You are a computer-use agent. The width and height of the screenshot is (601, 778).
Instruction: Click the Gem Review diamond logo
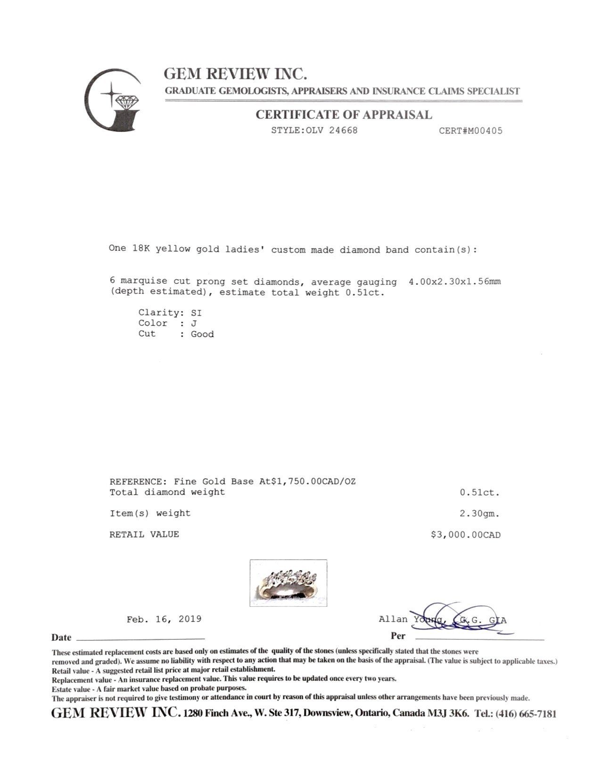coord(113,100)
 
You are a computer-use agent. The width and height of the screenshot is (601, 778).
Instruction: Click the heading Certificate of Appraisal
coord(344,115)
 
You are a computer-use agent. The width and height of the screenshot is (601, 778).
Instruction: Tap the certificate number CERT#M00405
coord(470,131)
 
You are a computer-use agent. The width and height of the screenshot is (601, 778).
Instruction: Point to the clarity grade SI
coord(196,313)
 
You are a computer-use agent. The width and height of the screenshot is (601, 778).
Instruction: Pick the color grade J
coord(194,323)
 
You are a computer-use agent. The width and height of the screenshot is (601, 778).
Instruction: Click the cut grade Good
coord(202,334)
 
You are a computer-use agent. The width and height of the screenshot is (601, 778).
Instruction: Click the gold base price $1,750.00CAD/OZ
coord(313,481)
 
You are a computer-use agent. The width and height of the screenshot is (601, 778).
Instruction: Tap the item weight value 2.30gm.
coord(480,513)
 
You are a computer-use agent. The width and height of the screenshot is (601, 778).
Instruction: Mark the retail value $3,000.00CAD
coord(465,535)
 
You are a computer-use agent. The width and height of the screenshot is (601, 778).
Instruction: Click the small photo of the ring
coord(288,583)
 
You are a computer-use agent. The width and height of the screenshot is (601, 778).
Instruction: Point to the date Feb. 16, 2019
coord(164,619)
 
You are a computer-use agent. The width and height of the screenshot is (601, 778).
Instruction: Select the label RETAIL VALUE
coord(144,534)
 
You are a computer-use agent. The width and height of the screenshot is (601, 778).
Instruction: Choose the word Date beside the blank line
coord(61,637)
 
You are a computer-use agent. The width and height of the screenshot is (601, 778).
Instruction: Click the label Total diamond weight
coord(167,492)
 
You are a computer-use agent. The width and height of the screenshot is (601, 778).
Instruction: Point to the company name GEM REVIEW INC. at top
coord(235,74)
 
